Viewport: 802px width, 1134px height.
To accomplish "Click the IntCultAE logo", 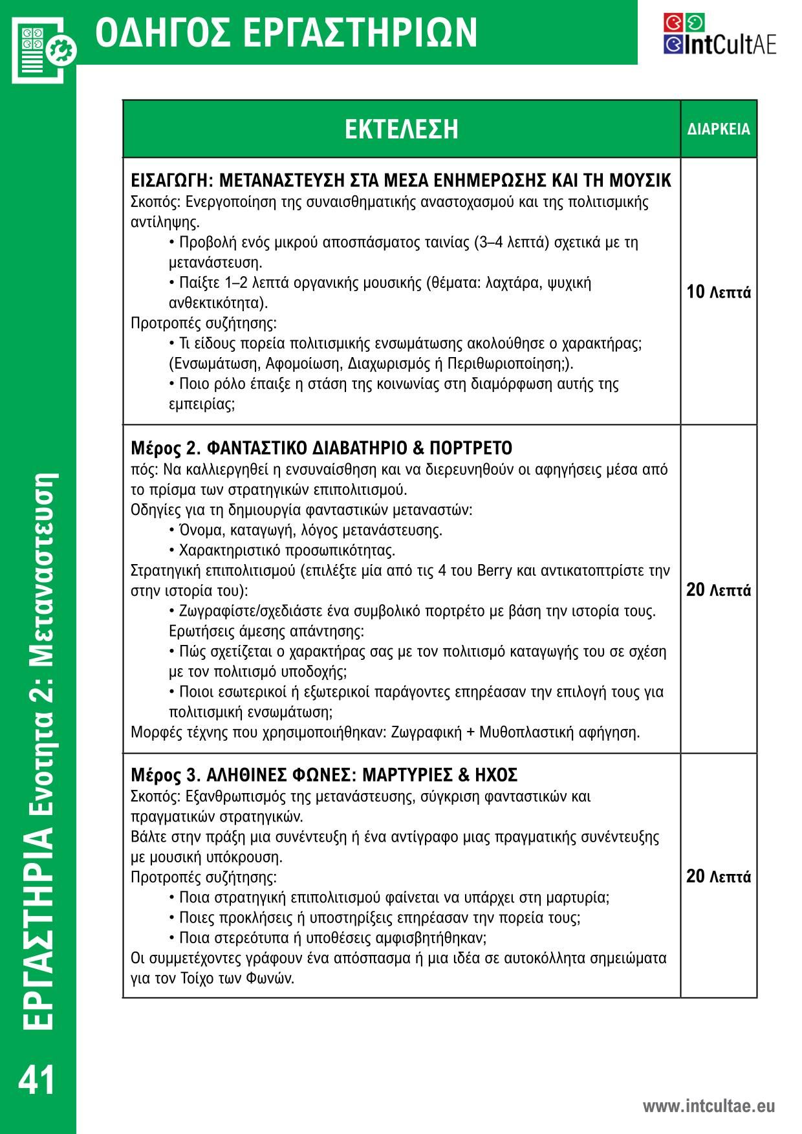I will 719,34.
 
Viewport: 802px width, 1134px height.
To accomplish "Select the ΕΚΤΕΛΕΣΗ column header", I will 401,129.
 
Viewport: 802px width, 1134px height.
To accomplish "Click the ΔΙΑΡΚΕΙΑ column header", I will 719,129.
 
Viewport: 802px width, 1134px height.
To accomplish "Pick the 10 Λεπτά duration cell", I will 719,292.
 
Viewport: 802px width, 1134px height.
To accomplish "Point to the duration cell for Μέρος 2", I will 719,590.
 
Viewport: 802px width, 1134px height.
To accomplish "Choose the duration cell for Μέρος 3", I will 719,877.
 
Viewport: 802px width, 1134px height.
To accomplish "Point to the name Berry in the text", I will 494,571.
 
